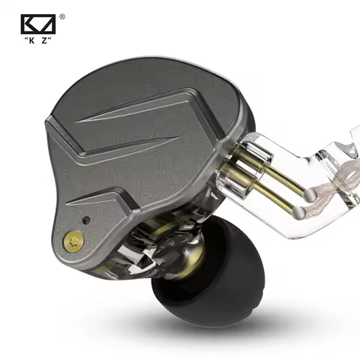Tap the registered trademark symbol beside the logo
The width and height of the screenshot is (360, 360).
[x=61, y=16]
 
